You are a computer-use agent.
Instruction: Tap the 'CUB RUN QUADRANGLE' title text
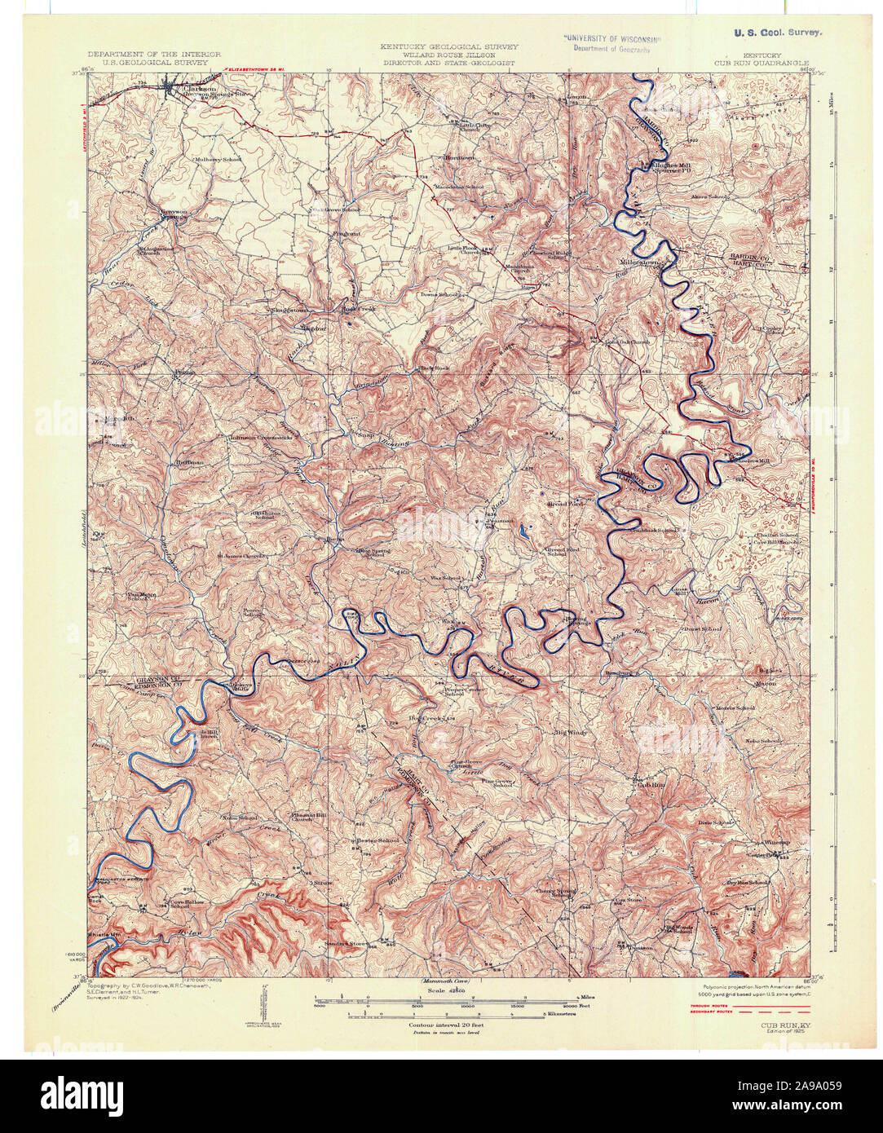point(762,62)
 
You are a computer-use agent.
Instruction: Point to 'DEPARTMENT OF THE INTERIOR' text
point(155,55)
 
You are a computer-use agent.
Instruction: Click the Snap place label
point(364,435)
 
